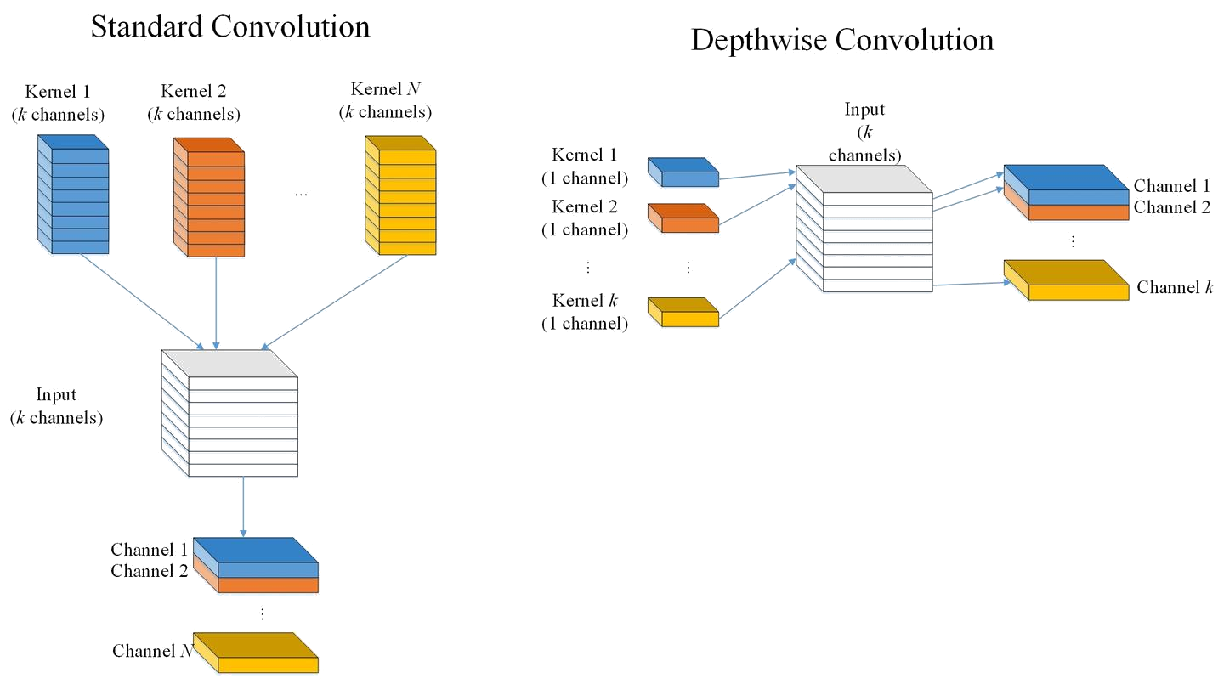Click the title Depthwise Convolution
[841, 40]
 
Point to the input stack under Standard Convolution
[229, 414]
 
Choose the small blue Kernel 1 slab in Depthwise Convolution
[683, 172]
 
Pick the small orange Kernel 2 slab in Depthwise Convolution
[683, 218]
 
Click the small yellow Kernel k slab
[683, 312]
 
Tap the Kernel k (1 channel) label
[590, 311]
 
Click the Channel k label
[1174, 287]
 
